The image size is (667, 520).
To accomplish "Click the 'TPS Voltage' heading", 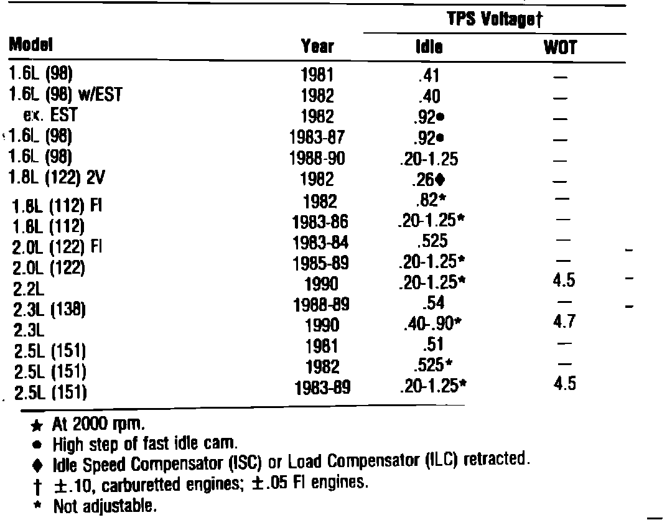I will pyautogui.click(x=496, y=19).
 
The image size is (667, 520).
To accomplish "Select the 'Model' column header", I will pyautogui.click(x=30, y=45).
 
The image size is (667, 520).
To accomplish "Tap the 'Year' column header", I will pyautogui.click(x=317, y=46).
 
